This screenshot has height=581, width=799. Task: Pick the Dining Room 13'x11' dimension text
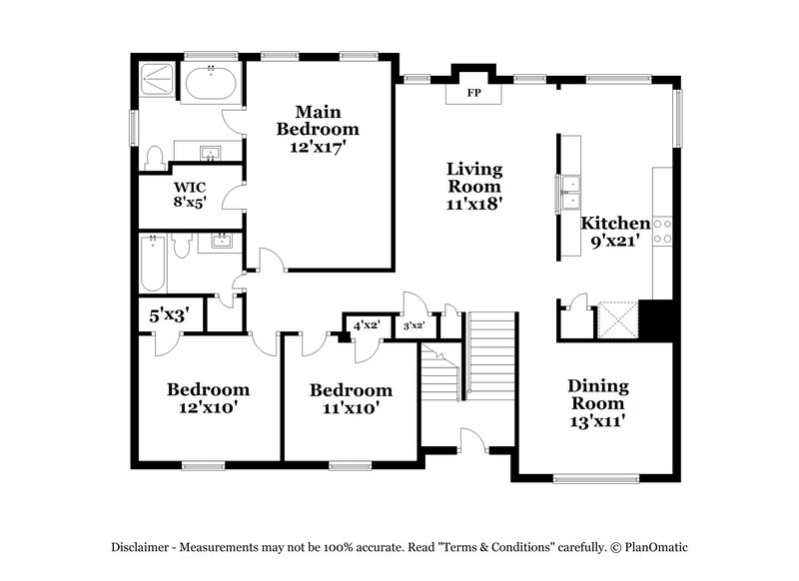tap(596, 420)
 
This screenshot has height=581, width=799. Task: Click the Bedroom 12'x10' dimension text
tap(207, 406)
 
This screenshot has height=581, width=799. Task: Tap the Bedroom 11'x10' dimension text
tap(350, 407)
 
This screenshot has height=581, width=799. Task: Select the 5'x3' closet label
tap(170, 316)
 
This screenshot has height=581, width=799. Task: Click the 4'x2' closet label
tap(367, 325)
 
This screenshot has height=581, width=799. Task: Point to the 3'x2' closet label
tap(412, 326)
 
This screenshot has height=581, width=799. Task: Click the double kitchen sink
tap(571, 184)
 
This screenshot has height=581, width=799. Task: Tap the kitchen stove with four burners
tap(664, 232)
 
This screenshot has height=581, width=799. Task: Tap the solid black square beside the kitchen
tap(658, 319)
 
